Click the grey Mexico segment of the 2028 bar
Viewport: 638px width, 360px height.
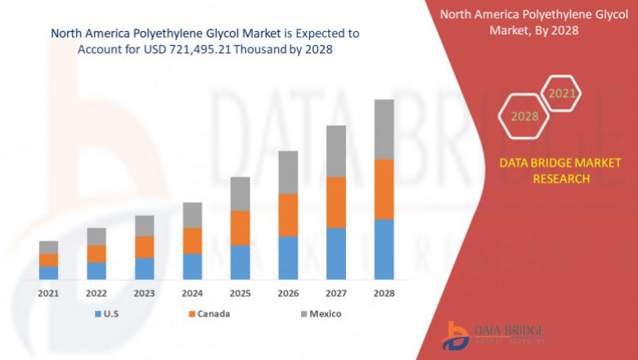coord(384,129)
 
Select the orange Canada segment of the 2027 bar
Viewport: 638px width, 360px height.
coord(336,202)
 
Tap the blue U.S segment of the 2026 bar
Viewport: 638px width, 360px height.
coord(288,258)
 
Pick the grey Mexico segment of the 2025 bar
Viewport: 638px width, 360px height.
coord(240,194)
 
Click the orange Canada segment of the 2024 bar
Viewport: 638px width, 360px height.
coord(192,241)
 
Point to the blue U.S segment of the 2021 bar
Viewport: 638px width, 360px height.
coord(48,272)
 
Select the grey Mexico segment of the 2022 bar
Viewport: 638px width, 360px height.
coord(97,236)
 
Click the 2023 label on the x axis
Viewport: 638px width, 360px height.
coord(144,292)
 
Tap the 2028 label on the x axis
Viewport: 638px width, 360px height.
coord(384,292)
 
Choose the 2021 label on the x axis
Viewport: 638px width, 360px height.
coord(48,292)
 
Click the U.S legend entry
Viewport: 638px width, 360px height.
coord(108,313)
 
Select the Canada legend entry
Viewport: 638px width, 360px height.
coord(208,313)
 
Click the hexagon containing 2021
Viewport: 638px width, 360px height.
coord(562,94)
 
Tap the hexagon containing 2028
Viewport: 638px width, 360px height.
coord(524,117)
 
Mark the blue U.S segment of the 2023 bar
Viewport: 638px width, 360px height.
coord(144,268)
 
